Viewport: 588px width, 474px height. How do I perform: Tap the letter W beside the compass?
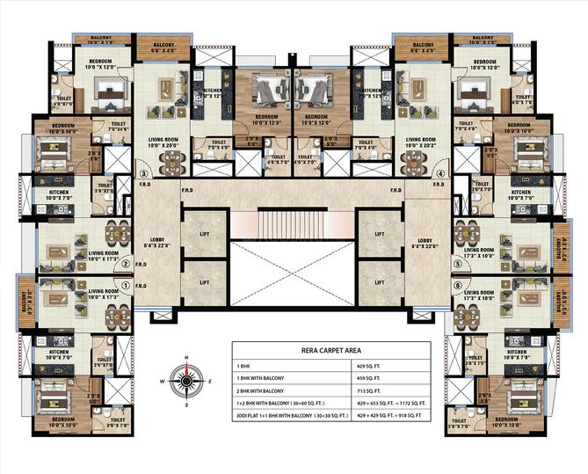tap(162, 382)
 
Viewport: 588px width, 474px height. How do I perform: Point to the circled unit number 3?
tap(143, 174)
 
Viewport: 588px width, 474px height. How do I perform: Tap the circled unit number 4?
tap(439, 174)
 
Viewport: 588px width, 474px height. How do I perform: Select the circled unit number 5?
tap(457, 262)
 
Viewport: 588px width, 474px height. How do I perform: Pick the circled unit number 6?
tap(457, 284)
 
